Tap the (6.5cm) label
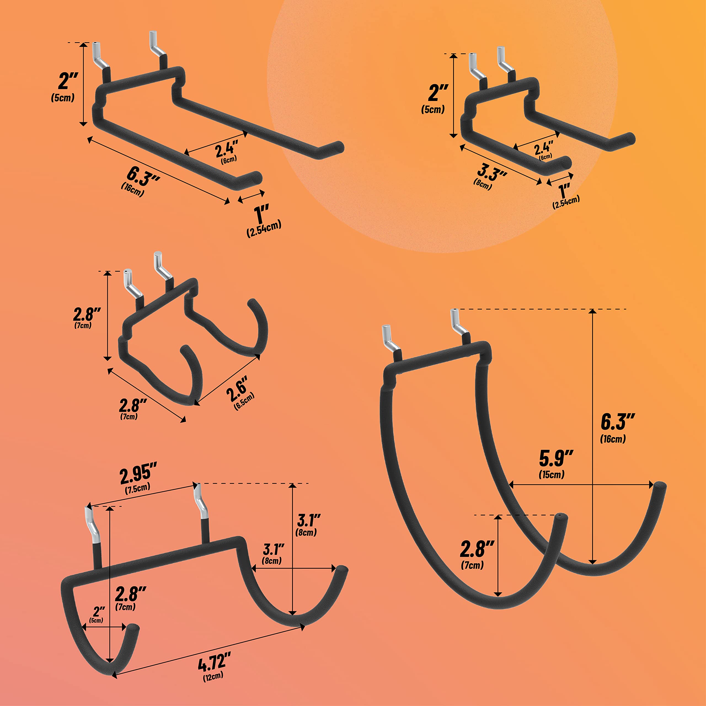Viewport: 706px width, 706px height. pos(244,401)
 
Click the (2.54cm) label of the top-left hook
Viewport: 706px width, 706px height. pos(264,229)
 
